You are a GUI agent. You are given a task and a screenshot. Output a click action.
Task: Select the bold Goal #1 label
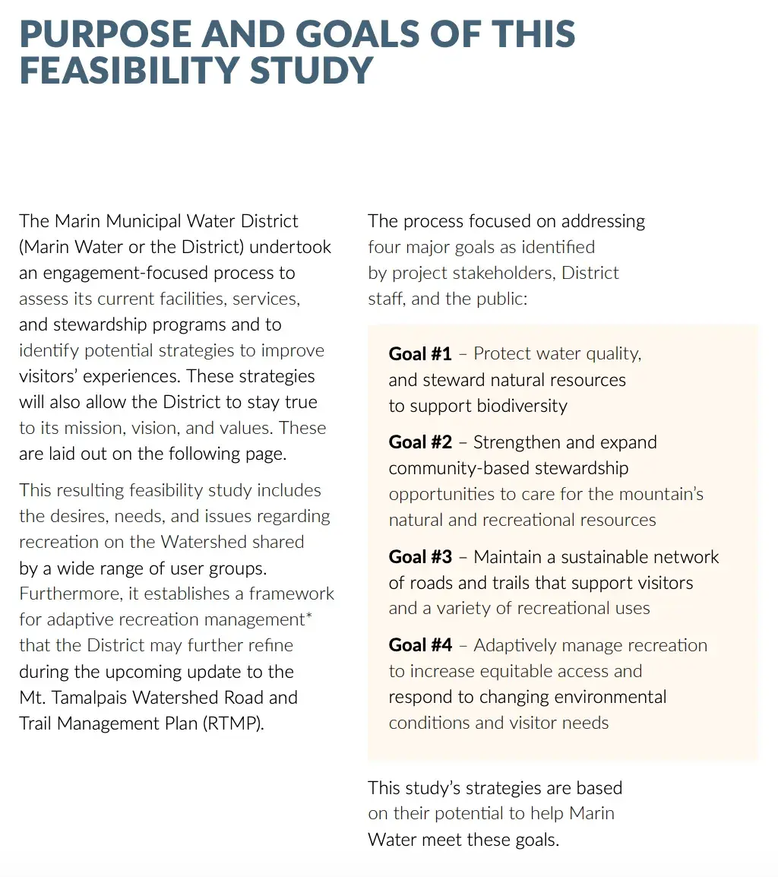(x=420, y=353)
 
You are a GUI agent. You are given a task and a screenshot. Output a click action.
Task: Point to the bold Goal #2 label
(x=420, y=442)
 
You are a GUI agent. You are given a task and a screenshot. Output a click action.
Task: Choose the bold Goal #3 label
(x=420, y=557)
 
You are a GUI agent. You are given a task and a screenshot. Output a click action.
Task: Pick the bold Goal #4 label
(x=420, y=645)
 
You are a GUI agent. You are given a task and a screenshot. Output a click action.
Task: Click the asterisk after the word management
(x=308, y=616)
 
